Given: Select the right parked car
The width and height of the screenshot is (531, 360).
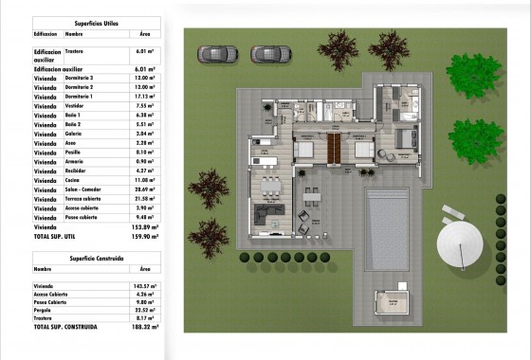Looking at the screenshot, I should click(265, 54).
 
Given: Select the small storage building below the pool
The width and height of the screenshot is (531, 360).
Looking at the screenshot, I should click(388, 301).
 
